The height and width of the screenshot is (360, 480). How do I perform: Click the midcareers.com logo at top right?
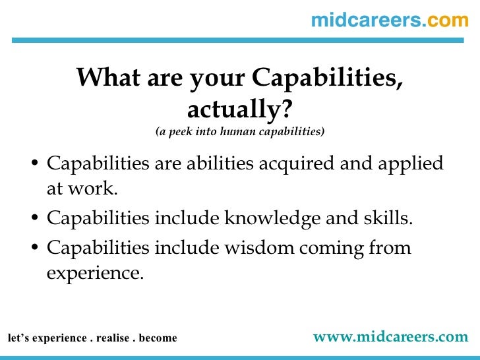(389, 20)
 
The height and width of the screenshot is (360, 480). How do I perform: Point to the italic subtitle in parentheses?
(240, 131)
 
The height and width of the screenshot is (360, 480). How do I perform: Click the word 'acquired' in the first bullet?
(294, 164)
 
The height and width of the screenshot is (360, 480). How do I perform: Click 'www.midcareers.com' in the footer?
(390, 337)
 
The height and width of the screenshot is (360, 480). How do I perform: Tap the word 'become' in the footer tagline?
(158, 338)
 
